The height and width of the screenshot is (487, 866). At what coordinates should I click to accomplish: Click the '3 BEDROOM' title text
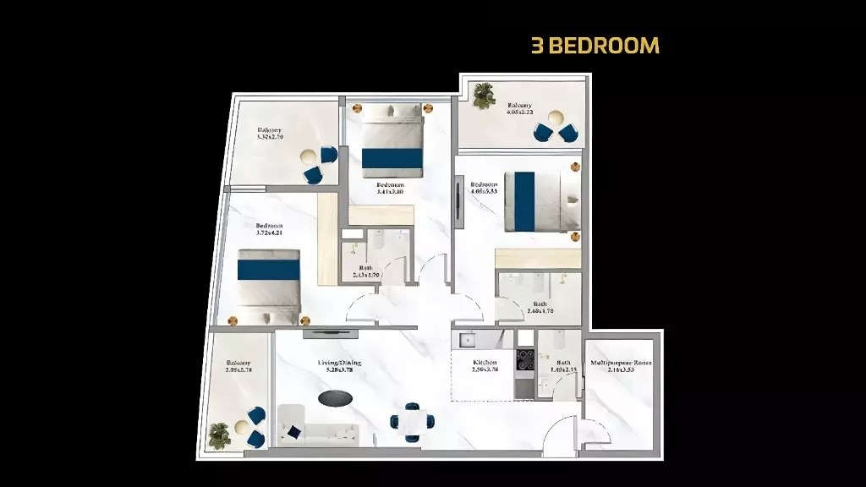pos(595,46)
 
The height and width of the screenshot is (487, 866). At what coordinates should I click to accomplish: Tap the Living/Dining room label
pos(340,366)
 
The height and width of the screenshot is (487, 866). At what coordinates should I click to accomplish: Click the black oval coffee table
pos(336,397)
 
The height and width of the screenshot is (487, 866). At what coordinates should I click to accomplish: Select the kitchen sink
pos(468,341)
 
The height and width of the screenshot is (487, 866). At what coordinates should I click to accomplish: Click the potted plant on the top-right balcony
pos(484,96)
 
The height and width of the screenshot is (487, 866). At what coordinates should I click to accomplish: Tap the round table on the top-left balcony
pos(310,156)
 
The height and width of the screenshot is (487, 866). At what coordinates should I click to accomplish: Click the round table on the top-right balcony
pos(556,118)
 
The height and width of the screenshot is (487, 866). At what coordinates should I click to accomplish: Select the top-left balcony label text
pos(271,134)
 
